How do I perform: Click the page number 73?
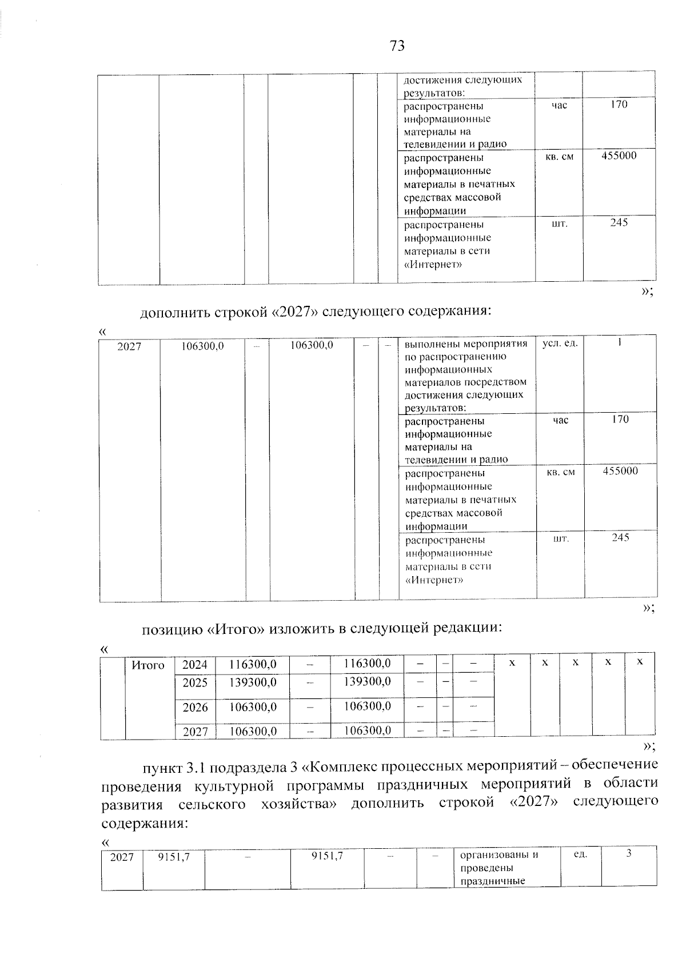point(397,46)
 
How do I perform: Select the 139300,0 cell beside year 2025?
point(253,682)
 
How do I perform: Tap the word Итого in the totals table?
point(148,665)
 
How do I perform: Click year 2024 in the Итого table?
point(195,665)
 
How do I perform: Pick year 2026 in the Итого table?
point(195,707)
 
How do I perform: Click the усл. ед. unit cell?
point(560,344)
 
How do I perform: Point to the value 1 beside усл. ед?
point(620,342)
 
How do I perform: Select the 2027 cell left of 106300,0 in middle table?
point(130,346)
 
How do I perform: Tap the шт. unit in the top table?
point(559,223)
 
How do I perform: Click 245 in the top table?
point(619,222)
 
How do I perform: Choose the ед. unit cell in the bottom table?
point(580,855)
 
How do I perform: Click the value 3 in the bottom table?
point(629,854)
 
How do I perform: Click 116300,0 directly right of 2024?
point(253,665)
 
